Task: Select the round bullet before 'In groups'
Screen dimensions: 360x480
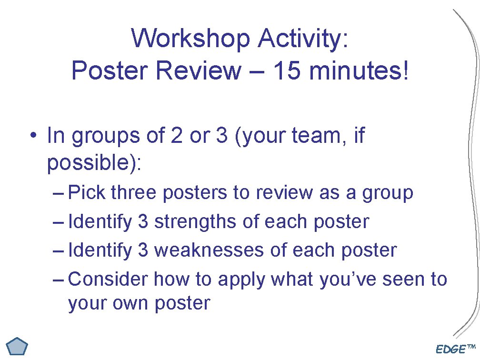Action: click(x=31, y=136)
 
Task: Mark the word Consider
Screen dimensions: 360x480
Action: click(x=109, y=279)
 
